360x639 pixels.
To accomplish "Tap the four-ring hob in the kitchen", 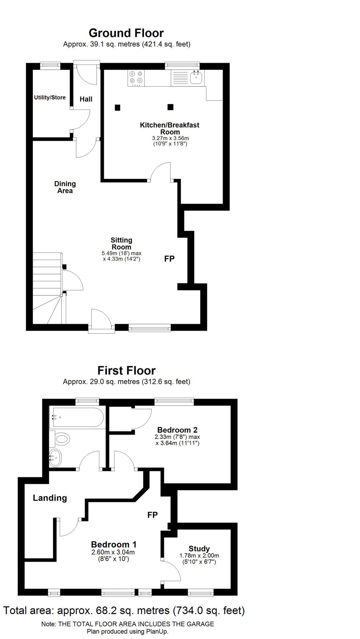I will pyautogui.click(x=136, y=78).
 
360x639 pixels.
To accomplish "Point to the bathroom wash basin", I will pyautogui.click(x=55, y=458).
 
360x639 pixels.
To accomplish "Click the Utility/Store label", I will pyautogui.click(x=50, y=98).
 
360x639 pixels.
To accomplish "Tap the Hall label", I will pyautogui.click(x=86, y=99).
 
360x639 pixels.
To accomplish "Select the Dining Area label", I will pyautogui.click(x=65, y=187).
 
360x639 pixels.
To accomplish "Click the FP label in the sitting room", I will pyautogui.click(x=169, y=259).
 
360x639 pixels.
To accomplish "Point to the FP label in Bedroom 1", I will pyautogui.click(x=152, y=515).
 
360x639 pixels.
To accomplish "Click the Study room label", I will pyautogui.click(x=199, y=549).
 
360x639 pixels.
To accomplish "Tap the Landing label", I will pyautogui.click(x=50, y=498).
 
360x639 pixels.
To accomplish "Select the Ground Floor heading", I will pyautogui.click(x=126, y=33).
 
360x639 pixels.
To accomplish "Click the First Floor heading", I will pyautogui.click(x=126, y=370).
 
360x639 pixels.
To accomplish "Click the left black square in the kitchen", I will pyautogui.click(x=117, y=108).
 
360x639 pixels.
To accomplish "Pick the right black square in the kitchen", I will pyautogui.click(x=170, y=107).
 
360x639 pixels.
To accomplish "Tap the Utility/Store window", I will pyautogui.click(x=50, y=65).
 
